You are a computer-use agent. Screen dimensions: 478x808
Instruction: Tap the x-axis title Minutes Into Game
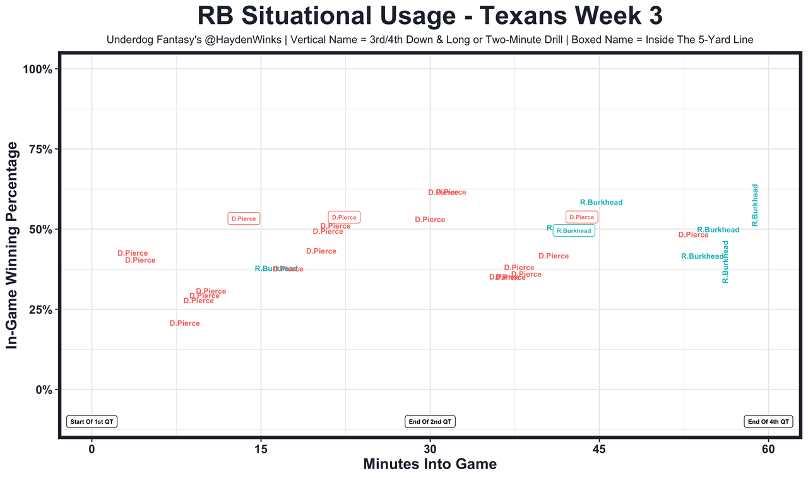[x=430, y=464]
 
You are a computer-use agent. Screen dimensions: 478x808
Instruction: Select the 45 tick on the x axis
[x=599, y=449]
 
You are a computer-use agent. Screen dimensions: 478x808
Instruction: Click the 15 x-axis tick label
[x=261, y=449]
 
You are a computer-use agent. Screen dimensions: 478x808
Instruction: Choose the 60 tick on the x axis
[x=768, y=449]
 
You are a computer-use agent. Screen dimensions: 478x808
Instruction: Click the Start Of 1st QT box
[x=92, y=421]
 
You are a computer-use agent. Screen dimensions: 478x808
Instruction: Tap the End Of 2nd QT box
[x=430, y=421]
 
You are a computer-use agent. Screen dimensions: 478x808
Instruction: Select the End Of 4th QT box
[x=768, y=421]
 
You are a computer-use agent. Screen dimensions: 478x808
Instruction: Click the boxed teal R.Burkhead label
[x=574, y=230]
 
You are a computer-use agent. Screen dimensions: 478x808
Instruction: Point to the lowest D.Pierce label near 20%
[x=184, y=323]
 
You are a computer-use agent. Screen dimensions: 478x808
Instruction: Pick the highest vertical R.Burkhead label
[x=755, y=205]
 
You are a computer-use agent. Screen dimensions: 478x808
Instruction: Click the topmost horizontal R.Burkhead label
[x=601, y=203]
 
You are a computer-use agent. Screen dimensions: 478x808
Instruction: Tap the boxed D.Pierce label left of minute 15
[x=244, y=218]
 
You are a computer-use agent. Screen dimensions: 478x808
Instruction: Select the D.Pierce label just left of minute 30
[x=430, y=220]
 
